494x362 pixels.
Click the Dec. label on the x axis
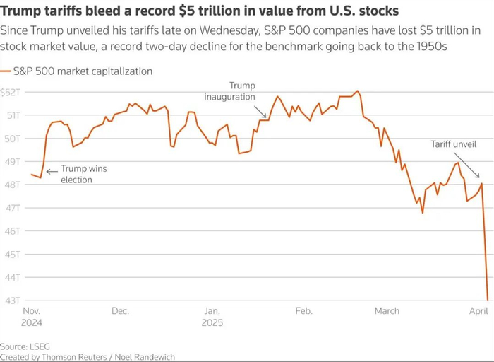click(x=119, y=311)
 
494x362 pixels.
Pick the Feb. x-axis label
click(x=303, y=311)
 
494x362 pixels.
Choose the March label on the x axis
click(x=387, y=311)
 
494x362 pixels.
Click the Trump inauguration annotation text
click(x=229, y=91)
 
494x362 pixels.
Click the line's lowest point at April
click(x=487, y=299)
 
